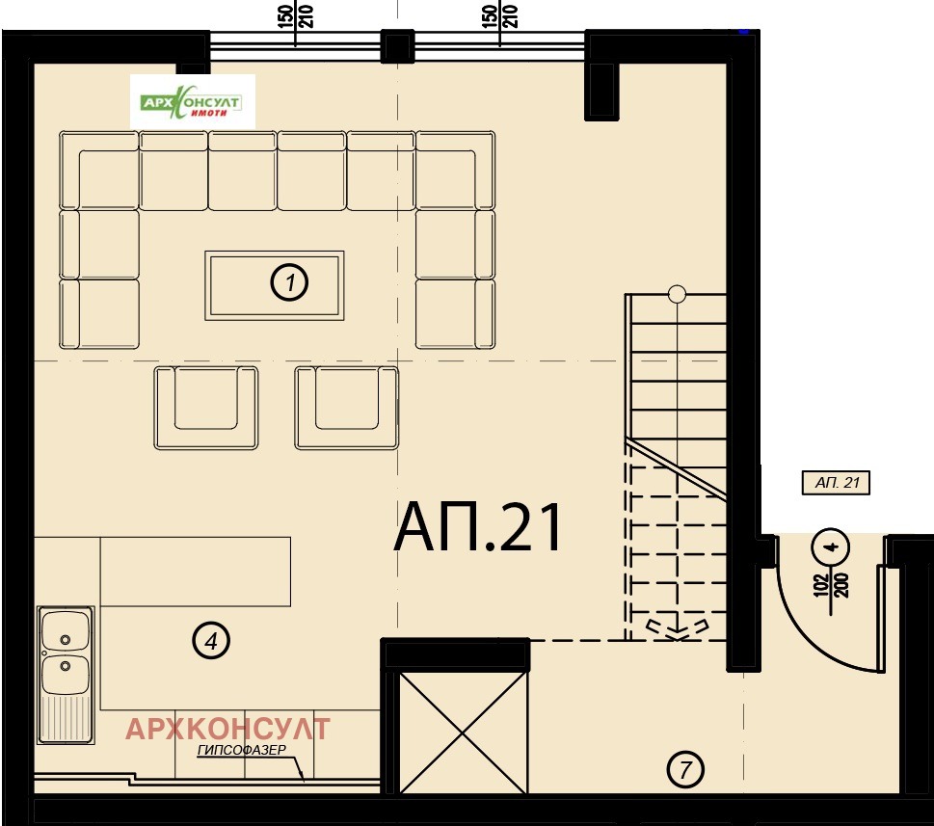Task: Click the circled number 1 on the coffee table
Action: point(289,281)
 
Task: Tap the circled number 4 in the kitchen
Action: point(211,641)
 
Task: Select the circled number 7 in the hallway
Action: point(685,769)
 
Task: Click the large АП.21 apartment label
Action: point(479,527)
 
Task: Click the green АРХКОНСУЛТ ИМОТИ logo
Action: point(193,102)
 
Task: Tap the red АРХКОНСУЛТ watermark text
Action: point(227,729)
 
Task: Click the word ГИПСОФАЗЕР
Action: point(241,751)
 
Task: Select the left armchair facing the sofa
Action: point(206,408)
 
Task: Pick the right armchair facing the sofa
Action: point(347,408)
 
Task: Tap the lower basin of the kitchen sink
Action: point(65,675)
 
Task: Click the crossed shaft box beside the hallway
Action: point(463,733)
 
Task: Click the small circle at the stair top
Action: point(677,294)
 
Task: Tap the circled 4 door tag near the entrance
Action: point(830,546)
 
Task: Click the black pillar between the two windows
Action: point(397,46)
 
